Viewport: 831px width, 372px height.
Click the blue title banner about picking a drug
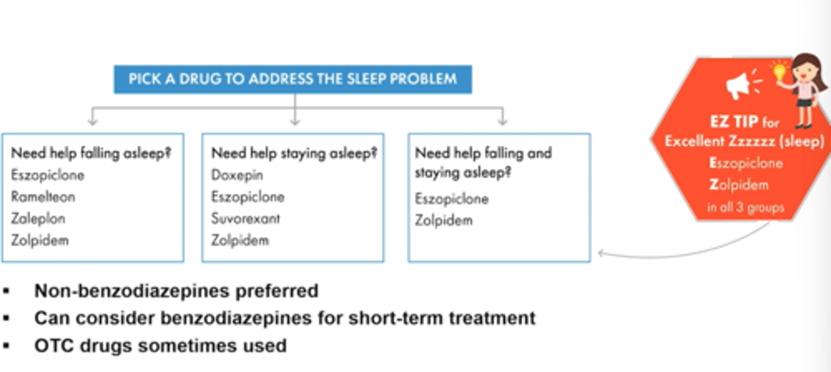(x=293, y=79)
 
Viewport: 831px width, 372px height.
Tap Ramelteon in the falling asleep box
(x=43, y=197)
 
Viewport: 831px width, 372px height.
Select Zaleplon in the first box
(x=38, y=219)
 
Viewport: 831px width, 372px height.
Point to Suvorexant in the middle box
(x=246, y=219)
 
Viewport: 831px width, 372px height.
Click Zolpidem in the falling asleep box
(x=40, y=241)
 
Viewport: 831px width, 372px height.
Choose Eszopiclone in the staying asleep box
(x=248, y=197)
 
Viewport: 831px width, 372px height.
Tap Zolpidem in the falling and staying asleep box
(x=444, y=220)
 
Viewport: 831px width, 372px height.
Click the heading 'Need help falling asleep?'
(x=92, y=153)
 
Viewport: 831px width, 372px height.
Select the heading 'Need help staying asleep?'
(x=294, y=153)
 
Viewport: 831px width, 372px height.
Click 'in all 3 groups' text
(x=746, y=207)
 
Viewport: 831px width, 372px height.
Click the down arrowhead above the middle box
(x=295, y=121)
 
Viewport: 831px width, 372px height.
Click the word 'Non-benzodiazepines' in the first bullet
(x=124, y=291)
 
